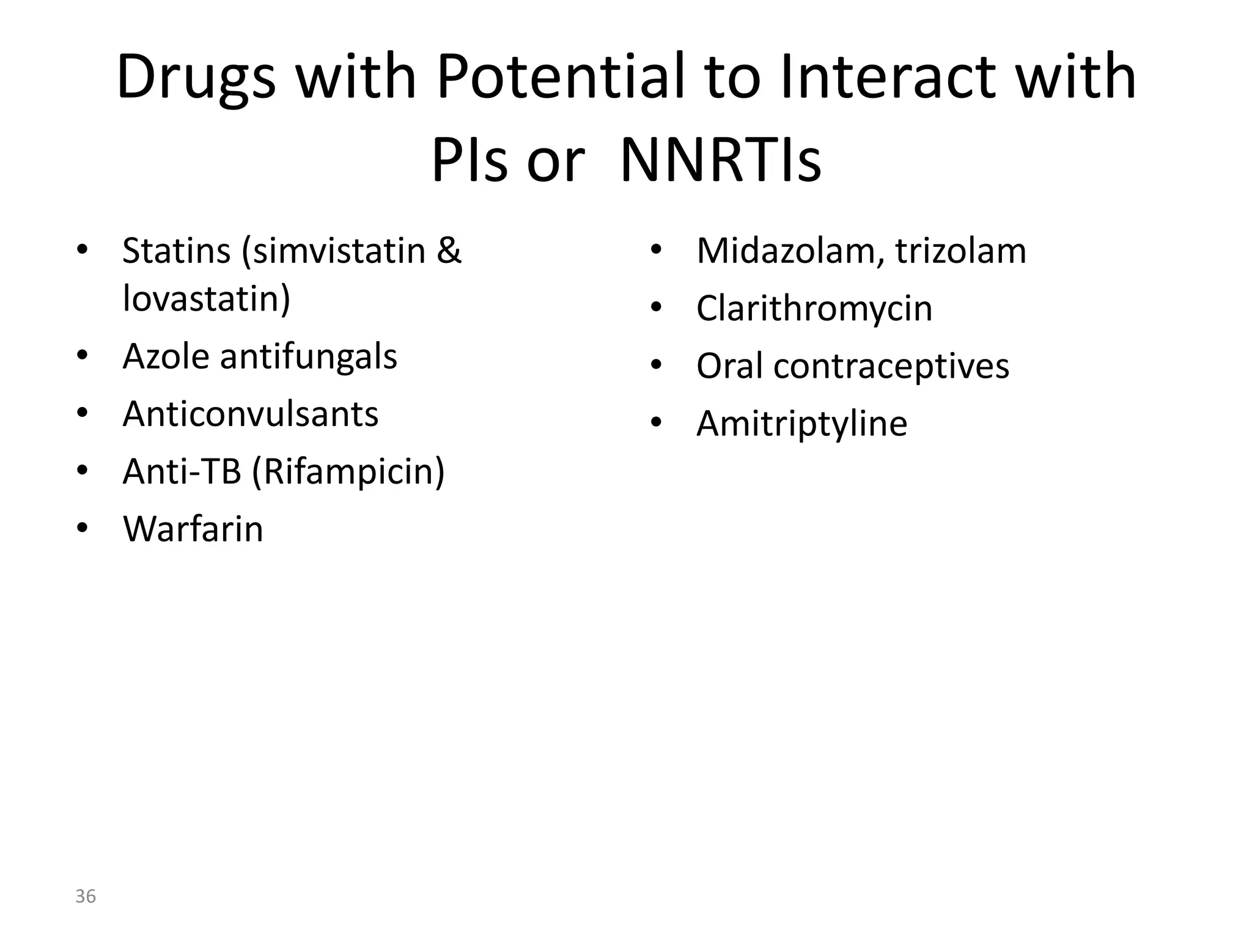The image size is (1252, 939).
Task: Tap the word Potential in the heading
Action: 561,78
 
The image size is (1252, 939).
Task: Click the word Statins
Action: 176,251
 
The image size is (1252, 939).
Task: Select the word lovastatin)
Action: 207,300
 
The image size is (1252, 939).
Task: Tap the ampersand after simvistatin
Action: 449,251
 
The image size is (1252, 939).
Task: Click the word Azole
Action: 166,356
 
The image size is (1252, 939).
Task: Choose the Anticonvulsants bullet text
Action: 251,414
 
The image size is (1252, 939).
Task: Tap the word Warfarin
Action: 193,529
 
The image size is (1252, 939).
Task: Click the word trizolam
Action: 960,251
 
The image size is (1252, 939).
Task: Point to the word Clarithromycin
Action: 814,309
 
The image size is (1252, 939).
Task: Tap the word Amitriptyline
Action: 801,424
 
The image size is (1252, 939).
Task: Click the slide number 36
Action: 86,897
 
